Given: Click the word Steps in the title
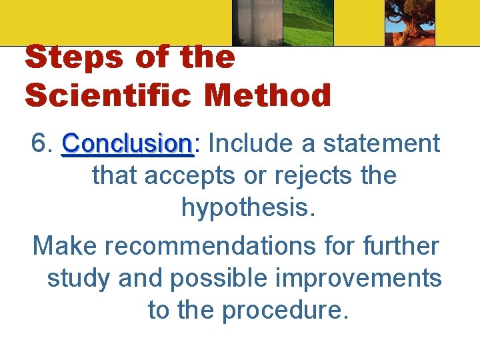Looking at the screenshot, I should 72,58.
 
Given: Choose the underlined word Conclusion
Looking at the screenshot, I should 127,143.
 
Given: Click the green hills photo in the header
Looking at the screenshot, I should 309,23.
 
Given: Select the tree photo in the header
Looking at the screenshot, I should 409,23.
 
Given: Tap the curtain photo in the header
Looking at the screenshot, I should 257,23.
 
